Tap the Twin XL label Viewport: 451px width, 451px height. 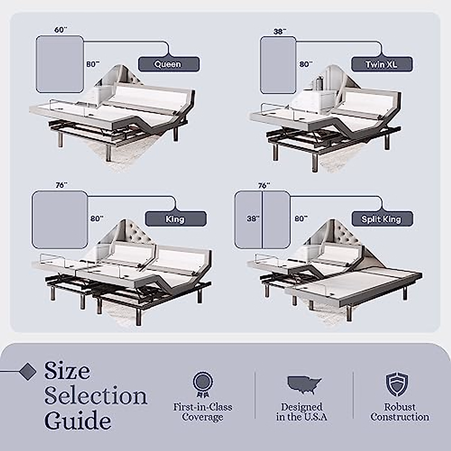point(381,64)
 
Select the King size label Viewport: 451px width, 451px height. point(176,219)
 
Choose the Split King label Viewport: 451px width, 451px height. point(382,219)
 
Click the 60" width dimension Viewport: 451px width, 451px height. point(60,30)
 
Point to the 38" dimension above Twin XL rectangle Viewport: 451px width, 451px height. point(279,32)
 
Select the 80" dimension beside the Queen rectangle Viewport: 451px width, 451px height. point(93,64)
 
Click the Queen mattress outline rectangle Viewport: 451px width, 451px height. point(60,64)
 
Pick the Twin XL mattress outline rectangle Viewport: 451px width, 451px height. point(278,65)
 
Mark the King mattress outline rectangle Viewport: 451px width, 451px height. point(60,219)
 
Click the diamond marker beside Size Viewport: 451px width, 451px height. point(27,371)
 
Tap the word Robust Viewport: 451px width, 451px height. point(400,407)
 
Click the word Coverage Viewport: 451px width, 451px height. point(203,417)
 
